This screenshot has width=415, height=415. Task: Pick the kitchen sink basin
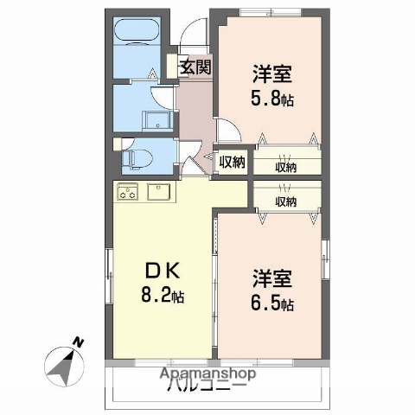click(160, 191)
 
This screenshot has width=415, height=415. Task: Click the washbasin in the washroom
click(157, 121)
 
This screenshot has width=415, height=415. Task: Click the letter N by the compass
click(78, 342)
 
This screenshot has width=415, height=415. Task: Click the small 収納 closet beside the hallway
click(230, 162)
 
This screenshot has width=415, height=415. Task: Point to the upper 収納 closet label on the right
click(286, 167)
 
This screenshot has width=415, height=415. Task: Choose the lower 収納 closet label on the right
click(286, 201)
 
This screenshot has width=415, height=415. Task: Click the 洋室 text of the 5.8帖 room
click(273, 73)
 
